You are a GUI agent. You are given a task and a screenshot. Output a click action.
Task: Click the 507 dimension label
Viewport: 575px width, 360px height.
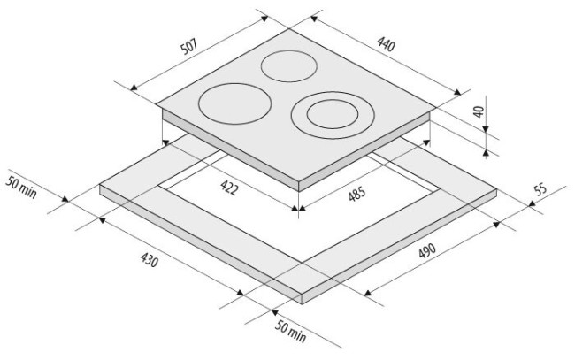pyautogui.click(x=189, y=46)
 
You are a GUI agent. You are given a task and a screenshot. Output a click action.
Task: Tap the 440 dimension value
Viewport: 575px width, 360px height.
pyautogui.click(x=387, y=44)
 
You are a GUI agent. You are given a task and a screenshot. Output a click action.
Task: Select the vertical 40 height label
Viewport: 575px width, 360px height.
pyautogui.click(x=479, y=111)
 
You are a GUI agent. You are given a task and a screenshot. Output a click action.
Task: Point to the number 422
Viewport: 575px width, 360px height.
pyautogui.click(x=230, y=188)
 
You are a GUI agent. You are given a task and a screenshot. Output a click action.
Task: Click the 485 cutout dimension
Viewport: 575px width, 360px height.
pyautogui.click(x=356, y=194)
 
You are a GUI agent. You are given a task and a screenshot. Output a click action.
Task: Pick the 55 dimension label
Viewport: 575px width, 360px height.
pyautogui.click(x=540, y=189)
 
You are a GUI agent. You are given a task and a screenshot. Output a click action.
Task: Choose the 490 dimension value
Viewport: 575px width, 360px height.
pyautogui.click(x=427, y=250)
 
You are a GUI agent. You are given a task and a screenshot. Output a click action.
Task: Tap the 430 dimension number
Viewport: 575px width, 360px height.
pyautogui.click(x=149, y=260)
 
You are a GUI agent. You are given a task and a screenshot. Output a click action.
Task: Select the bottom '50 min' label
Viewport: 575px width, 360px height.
pyautogui.click(x=290, y=332)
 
